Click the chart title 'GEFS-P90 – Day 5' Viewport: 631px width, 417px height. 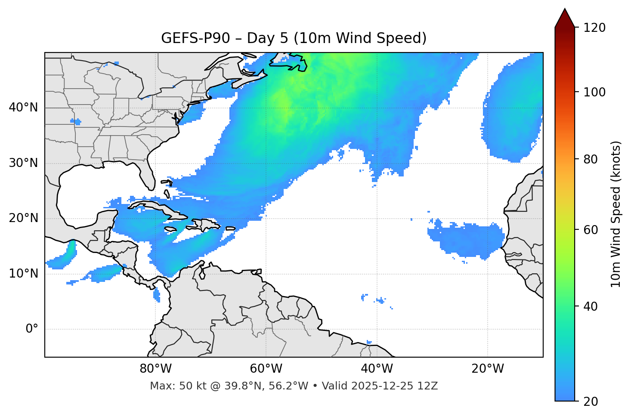(294, 38)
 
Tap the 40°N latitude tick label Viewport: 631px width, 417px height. (23, 108)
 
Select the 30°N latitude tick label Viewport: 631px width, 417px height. (23, 163)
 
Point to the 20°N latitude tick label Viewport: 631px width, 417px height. (23, 218)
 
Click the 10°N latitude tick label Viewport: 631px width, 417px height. (23, 274)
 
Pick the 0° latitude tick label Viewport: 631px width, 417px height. (31, 329)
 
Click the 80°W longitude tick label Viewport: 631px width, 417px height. (155, 369)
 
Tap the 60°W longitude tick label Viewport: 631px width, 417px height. (266, 369)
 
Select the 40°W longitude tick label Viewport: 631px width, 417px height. (377, 369)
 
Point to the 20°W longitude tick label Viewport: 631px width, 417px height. (488, 369)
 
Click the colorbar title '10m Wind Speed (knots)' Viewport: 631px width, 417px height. (616, 214)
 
